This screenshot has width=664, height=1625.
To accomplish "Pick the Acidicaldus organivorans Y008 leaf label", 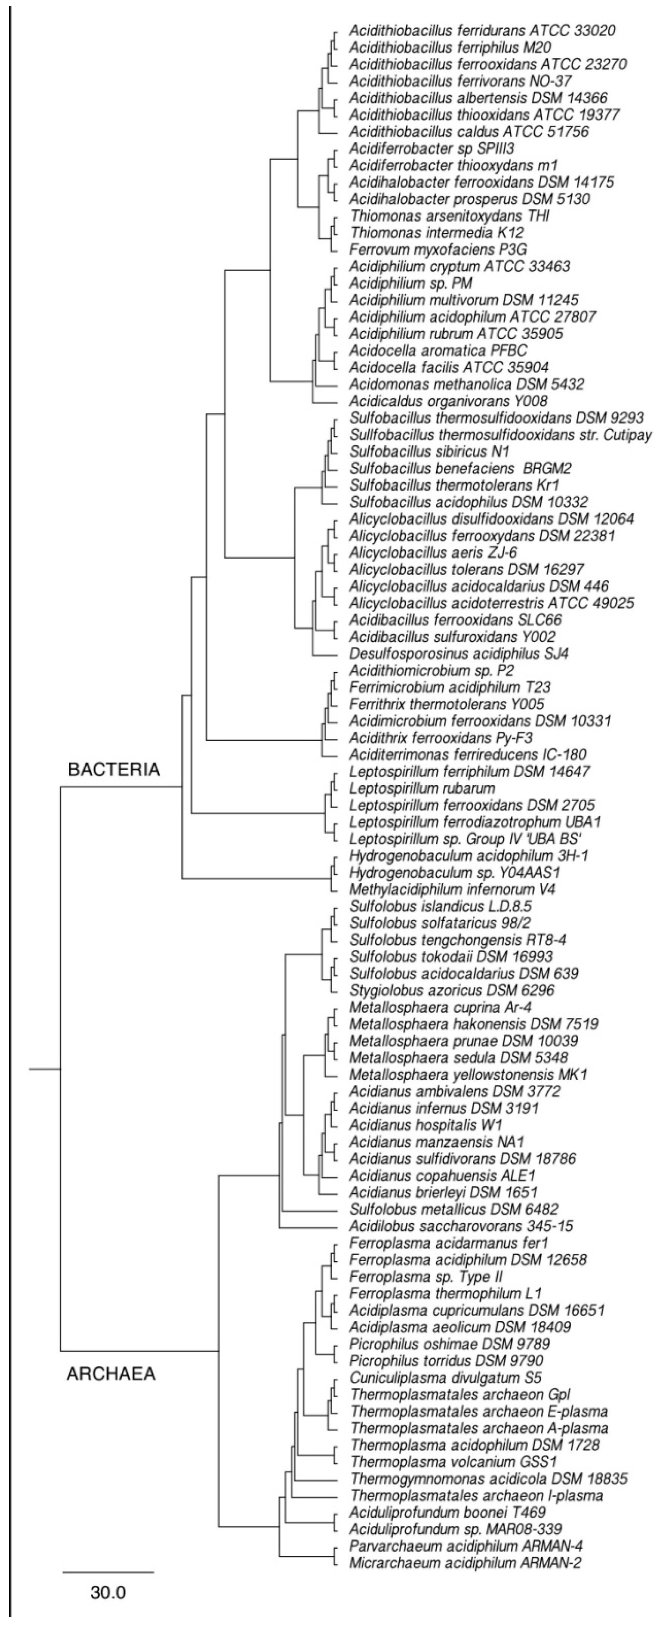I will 448,401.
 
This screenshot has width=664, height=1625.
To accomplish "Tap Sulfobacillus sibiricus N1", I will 429,452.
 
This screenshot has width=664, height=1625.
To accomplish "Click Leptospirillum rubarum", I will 422,789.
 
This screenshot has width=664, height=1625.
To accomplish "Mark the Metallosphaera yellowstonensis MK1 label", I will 468,1074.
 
